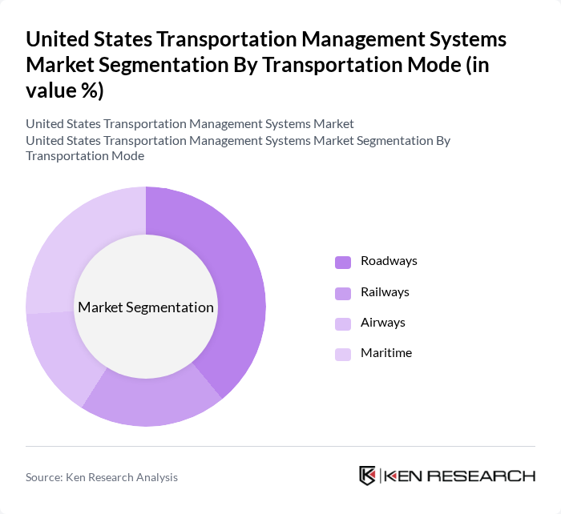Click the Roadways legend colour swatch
click(343, 262)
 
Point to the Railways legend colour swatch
click(343, 292)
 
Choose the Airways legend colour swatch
click(343, 323)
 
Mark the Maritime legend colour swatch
click(343, 354)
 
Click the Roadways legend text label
click(389, 261)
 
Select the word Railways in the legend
click(385, 291)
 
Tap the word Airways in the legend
click(383, 322)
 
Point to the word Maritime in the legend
click(386, 352)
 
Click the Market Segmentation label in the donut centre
click(146, 307)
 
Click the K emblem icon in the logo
click(368, 476)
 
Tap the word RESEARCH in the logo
click(490, 476)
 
